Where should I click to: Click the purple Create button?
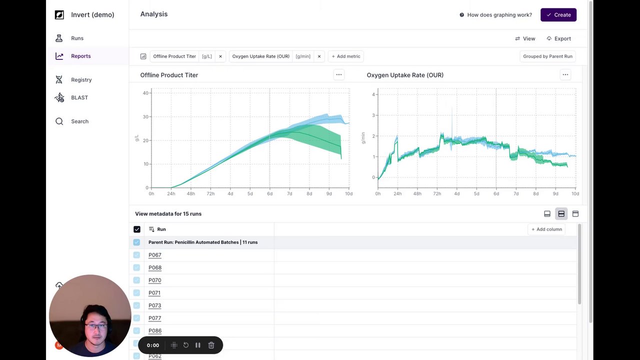click(x=558, y=15)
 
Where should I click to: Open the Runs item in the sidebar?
click(x=77, y=38)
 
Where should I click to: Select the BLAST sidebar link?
click(x=79, y=97)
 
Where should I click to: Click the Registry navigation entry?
click(x=81, y=79)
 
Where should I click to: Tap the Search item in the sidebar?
click(x=79, y=121)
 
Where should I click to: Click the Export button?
click(x=558, y=38)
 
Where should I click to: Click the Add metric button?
click(x=345, y=56)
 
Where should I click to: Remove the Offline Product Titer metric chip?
click(x=220, y=56)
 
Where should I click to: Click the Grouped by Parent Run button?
click(x=547, y=56)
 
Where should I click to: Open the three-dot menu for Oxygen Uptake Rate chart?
click(x=565, y=75)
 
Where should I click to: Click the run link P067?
click(x=155, y=255)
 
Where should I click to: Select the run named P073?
click(x=155, y=305)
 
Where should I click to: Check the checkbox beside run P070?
click(x=136, y=280)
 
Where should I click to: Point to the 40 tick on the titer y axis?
click(x=145, y=93)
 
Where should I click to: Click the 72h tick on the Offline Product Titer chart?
click(x=210, y=193)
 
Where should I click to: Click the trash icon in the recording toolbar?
click(x=211, y=345)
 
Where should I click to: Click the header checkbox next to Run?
click(x=136, y=229)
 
